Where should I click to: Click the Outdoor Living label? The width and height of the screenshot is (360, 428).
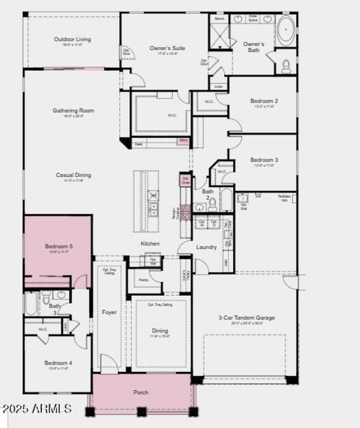point(72,39)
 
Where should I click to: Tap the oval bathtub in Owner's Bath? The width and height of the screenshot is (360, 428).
point(285,29)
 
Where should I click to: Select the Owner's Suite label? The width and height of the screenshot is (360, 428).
point(167,48)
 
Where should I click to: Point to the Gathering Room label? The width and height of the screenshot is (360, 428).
point(73,110)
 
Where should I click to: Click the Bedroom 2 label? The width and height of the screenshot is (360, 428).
point(264,101)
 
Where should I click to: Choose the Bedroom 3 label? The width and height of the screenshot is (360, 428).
point(264,160)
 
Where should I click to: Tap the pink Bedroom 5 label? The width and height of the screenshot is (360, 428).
point(58,246)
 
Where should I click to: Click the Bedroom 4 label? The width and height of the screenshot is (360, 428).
point(58,363)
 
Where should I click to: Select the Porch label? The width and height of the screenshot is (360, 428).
point(141,392)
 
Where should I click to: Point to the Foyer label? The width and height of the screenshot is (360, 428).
point(109,312)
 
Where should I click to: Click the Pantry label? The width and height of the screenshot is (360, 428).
point(144,280)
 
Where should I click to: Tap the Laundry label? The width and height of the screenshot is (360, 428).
point(206,247)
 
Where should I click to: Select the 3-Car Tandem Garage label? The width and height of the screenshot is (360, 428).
point(246,318)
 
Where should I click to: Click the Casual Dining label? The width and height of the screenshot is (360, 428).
point(73,175)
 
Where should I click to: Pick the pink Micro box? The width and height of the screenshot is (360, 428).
point(184,141)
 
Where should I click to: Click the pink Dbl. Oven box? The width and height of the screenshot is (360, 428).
point(185,180)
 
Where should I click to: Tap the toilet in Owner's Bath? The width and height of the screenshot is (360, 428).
point(286,67)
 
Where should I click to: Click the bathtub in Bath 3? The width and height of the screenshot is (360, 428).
point(31,304)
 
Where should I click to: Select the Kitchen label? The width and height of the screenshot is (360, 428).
point(150,243)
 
